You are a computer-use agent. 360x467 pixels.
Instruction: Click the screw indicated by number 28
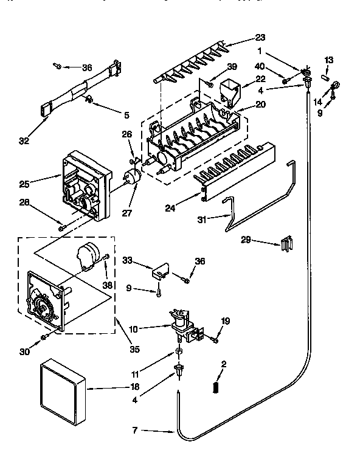(61, 227)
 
